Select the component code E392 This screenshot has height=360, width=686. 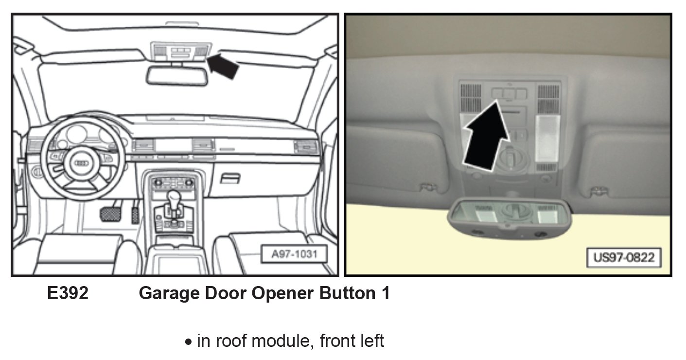click(x=68, y=294)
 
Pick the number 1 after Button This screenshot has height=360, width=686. click(x=385, y=294)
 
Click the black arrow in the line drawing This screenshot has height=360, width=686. click(x=224, y=67)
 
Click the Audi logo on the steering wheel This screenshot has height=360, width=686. click(x=79, y=164)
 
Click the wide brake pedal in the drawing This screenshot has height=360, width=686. click(x=111, y=214)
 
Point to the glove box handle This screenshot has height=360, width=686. click(x=230, y=179)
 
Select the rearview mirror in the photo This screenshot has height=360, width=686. click(x=509, y=217)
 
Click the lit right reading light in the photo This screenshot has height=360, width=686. click(x=546, y=139)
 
